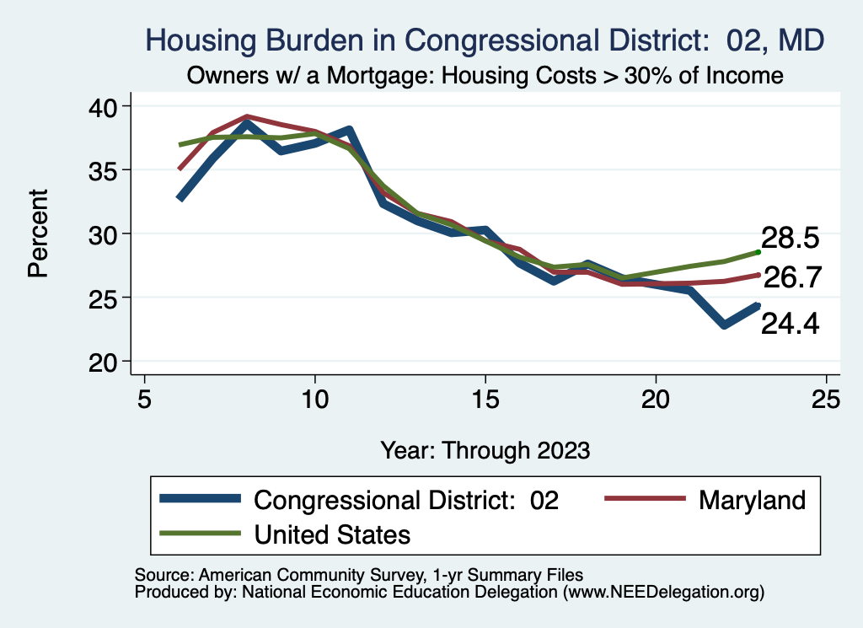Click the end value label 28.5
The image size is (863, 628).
coord(791,239)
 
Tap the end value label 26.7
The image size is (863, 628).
coord(792,278)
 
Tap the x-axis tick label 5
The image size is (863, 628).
coord(145,399)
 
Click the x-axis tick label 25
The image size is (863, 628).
coord(826,399)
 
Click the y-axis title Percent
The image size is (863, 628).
coord(38,233)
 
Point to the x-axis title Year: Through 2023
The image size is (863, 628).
coord(485,449)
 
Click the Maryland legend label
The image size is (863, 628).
coord(752,500)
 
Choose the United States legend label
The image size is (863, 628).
coord(332,534)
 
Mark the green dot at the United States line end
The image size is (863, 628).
coord(758,251)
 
